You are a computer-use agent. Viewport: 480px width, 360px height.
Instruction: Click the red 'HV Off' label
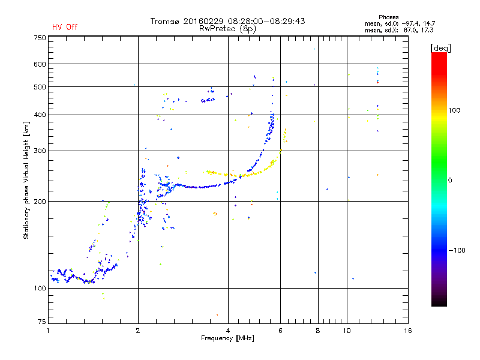pyautogui.click(x=64, y=27)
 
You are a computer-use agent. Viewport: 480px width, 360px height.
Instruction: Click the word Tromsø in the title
pyautogui.click(x=165, y=21)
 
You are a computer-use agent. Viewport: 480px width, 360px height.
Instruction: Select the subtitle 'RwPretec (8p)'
pyautogui.click(x=227, y=28)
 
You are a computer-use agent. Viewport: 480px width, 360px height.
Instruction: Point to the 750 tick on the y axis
pyautogui.click(x=40, y=38)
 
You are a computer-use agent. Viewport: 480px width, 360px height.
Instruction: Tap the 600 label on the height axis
pyautogui.click(x=40, y=64)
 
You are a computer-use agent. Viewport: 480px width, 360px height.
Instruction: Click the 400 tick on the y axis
pyautogui.click(x=40, y=115)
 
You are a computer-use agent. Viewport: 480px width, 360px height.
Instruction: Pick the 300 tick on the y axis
pyautogui.click(x=40, y=151)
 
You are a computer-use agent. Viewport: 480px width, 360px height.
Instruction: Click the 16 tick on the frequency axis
pyautogui.click(x=408, y=331)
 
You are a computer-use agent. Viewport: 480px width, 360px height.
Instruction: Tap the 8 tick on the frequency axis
pyautogui.click(x=318, y=331)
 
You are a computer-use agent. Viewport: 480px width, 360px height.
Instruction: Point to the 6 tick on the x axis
pyautogui.click(x=280, y=331)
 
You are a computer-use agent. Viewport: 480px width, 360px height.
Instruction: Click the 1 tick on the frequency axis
pyautogui.click(x=48, y=331)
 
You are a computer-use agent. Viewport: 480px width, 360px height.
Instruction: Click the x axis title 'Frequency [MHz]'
pyautogui.click(x=228, y=339)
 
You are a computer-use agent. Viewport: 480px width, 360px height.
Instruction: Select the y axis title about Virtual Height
pyautogui.click(x=26, y=182)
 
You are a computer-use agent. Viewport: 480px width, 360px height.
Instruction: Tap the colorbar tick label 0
pyautogui.click(x=450, y=180)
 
